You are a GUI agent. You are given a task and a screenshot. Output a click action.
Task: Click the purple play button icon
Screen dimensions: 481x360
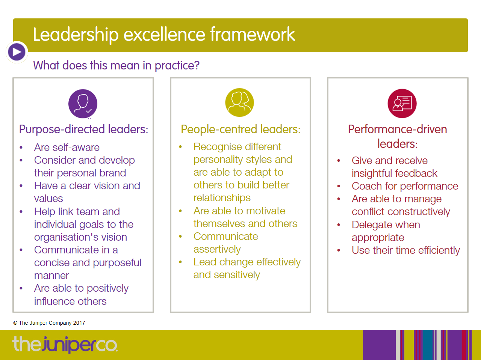(x=17, y=52)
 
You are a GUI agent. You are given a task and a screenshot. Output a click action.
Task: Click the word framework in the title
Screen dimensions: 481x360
(x=253, y=35)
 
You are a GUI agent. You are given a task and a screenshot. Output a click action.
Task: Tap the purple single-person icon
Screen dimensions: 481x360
(x=83, y=104)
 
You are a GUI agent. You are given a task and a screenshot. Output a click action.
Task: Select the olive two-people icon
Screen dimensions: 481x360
(x=239, y=102)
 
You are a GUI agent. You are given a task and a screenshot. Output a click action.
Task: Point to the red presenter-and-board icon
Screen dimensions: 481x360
(x=402, y=104)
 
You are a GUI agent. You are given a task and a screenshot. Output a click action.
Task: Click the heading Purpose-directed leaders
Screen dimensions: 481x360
(x=83, y=129)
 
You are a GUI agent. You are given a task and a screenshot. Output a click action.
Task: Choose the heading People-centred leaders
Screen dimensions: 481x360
(x=240, y=129)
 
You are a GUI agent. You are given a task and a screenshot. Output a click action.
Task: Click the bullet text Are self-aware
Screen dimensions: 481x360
(x=67, y=147)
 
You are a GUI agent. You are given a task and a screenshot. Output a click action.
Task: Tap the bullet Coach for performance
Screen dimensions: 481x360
(x=405, y=186)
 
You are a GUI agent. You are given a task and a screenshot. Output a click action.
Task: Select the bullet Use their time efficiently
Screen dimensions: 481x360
(x=405, y=250)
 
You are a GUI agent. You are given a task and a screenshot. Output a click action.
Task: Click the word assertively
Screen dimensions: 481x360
(x=217, y=249)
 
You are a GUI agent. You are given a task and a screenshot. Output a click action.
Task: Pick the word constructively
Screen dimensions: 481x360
(x=419, y=212)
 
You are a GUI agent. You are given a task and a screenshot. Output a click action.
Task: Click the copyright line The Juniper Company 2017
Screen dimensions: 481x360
(x=49, y=323)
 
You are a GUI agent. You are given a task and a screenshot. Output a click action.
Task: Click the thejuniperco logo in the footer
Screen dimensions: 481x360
(x=65, y=344)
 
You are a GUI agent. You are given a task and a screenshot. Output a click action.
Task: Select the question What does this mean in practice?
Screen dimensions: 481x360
(x=116, y=65)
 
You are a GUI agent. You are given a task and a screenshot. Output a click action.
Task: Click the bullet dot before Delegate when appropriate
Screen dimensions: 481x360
(x=339, y=225)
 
